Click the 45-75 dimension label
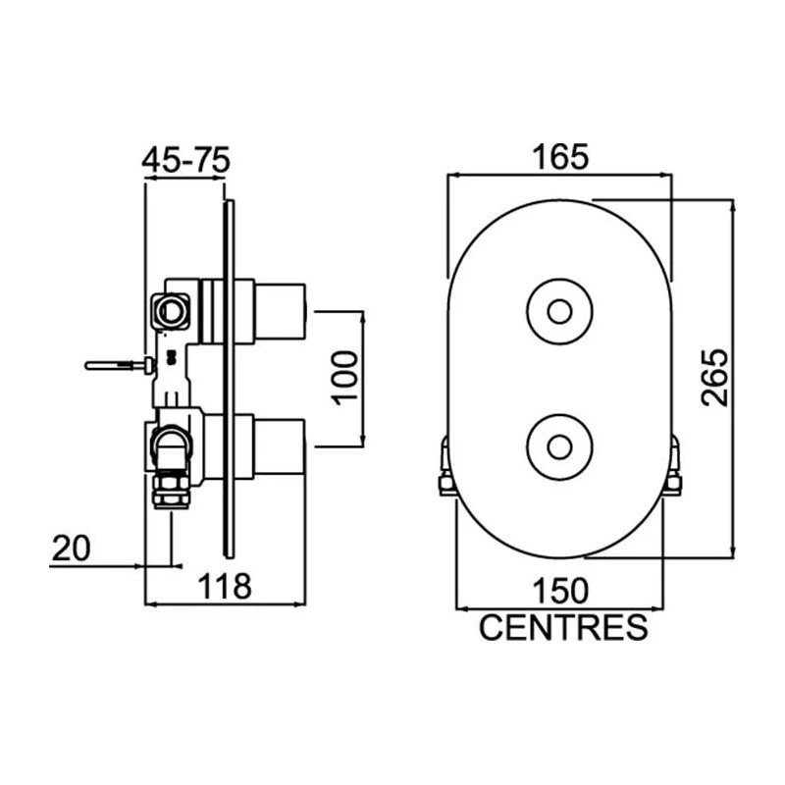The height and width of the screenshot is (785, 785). point(185,160)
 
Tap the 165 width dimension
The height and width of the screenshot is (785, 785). point(559,157)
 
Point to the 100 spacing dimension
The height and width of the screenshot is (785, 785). point(345,378)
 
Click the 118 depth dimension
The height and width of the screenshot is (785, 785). point(225,586)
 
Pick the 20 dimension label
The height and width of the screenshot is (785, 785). point(71,549)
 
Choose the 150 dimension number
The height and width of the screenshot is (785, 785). point(559,591)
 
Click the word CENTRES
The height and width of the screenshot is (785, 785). point(563,627)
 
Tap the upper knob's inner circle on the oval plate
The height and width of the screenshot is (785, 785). point(559,312)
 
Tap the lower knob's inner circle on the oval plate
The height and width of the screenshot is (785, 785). point(559,447)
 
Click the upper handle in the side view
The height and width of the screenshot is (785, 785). point(280,312)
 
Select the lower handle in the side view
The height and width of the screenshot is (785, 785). point(280,446)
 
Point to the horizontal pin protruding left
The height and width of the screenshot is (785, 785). point(120,365)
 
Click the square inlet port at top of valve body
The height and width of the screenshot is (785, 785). point(171,312)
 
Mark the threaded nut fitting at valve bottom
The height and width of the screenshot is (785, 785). point(172,492)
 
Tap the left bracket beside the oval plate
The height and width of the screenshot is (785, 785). point(446,465)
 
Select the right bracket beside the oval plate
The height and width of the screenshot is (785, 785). point(674,464)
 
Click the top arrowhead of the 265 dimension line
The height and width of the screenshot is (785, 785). point(733,205)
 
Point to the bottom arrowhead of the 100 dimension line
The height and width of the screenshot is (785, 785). point(362,440)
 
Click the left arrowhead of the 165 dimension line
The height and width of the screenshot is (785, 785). point(453,176)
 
